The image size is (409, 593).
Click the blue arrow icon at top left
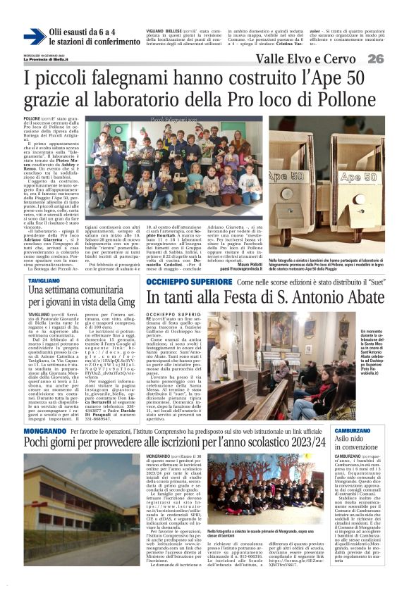[33, 37]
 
